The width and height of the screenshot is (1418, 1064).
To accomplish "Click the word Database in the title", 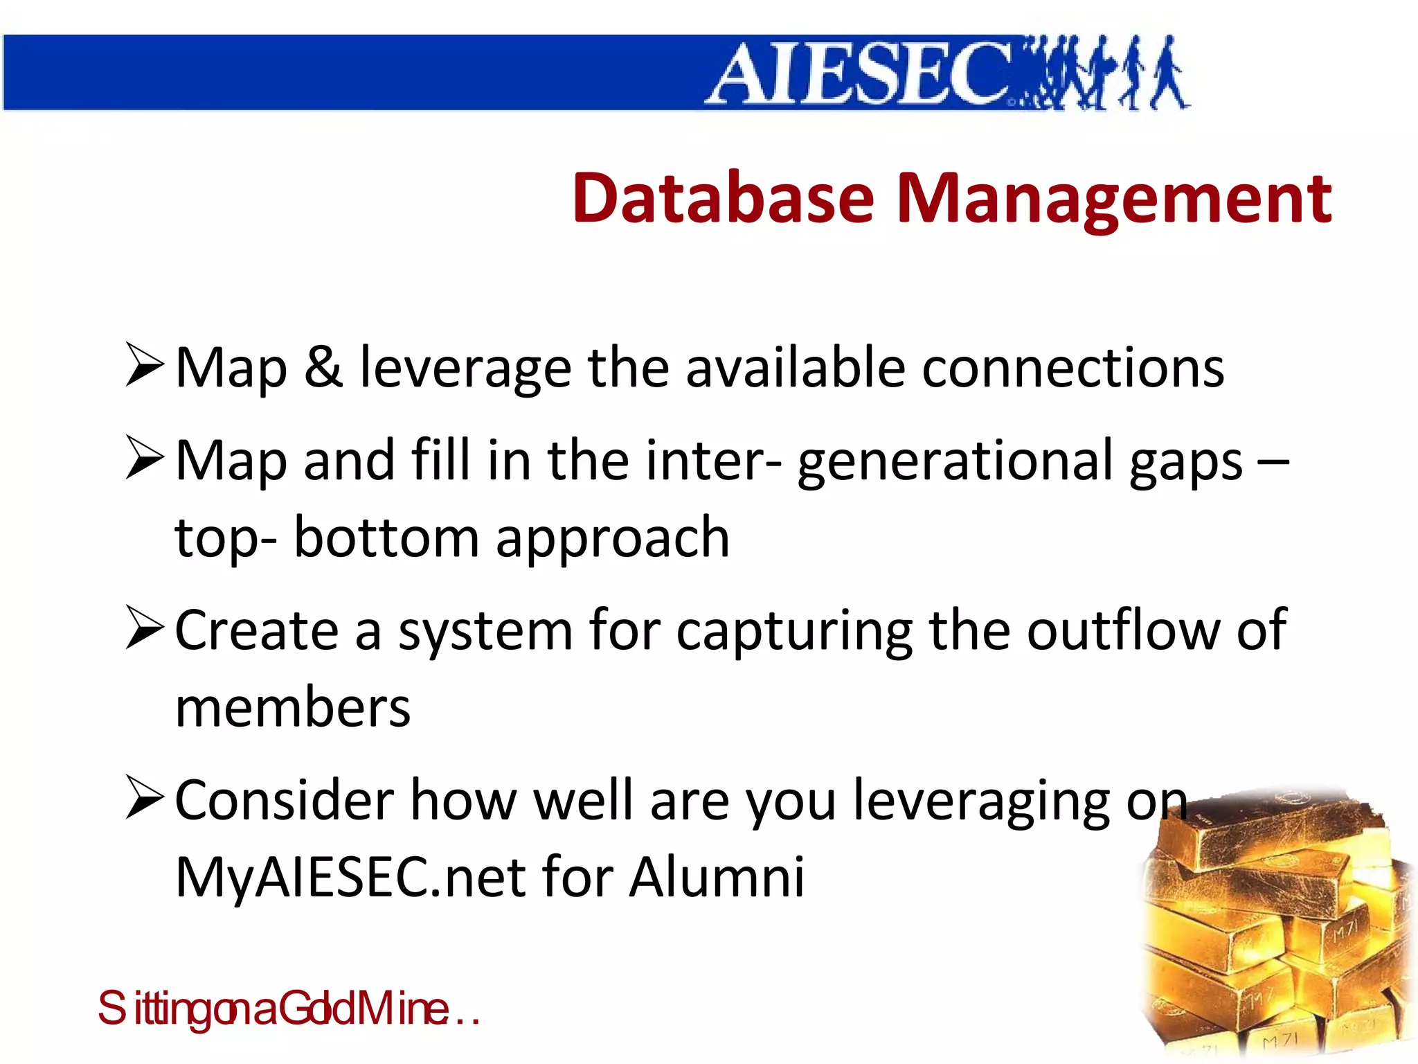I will tap(723, 199).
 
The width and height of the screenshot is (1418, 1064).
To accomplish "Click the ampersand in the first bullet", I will tap(323, 367).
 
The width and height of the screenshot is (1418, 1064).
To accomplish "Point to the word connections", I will tap(1073, 367).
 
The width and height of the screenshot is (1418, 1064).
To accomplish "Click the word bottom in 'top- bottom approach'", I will tap(386, 538).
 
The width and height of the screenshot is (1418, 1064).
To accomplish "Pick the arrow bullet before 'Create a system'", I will tap(144, 628).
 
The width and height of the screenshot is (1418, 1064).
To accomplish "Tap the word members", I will tap(293, 708).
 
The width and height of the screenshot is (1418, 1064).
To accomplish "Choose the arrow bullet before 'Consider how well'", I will tap(144, 798).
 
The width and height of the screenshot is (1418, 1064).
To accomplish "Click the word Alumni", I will tap(717, 877).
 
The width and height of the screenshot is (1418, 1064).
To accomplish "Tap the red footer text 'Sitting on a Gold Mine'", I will tap(287, 1009).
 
